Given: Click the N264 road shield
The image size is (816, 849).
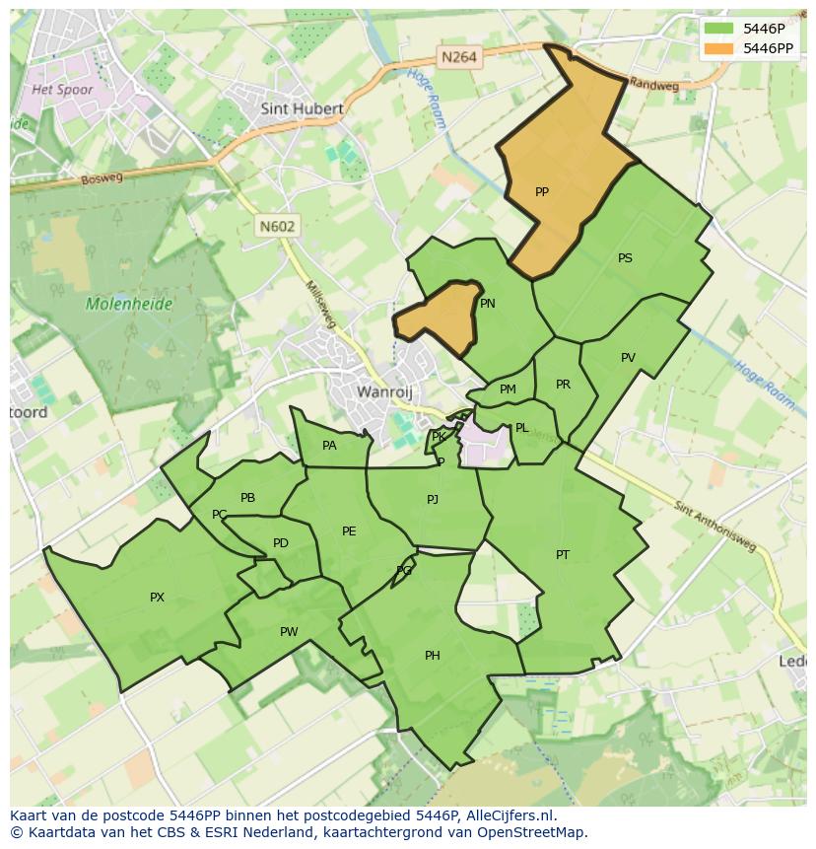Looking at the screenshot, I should [x=459, y=57].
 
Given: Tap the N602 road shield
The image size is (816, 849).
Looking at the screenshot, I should [x=277, y=226].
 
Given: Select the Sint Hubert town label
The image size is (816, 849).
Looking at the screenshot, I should [x=302, y=109].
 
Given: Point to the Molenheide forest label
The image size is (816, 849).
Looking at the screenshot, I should [x=128, y=304].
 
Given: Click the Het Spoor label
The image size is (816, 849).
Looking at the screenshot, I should [x=62, y=90].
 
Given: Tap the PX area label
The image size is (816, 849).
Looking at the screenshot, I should [x=157, y=597].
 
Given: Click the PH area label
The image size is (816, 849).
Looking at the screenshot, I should [x=432, y=656].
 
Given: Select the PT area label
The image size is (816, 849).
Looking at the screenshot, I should [x=562, y=555].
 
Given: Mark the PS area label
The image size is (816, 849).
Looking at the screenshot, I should [x=625, y=258].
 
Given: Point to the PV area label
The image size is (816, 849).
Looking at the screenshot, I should [x=628, y=358].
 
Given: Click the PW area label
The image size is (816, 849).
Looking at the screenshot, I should [x=288, y=632].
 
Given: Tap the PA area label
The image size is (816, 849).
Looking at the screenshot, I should [x=329, y=446].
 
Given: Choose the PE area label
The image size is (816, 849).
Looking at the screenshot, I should [x=349, y=531].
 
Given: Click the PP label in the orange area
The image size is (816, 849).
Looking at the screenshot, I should [x=541, y=192].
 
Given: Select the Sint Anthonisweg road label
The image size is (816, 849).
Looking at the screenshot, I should [x=716, y=528].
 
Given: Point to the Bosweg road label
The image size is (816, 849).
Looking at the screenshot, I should [x=102, y=178].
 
